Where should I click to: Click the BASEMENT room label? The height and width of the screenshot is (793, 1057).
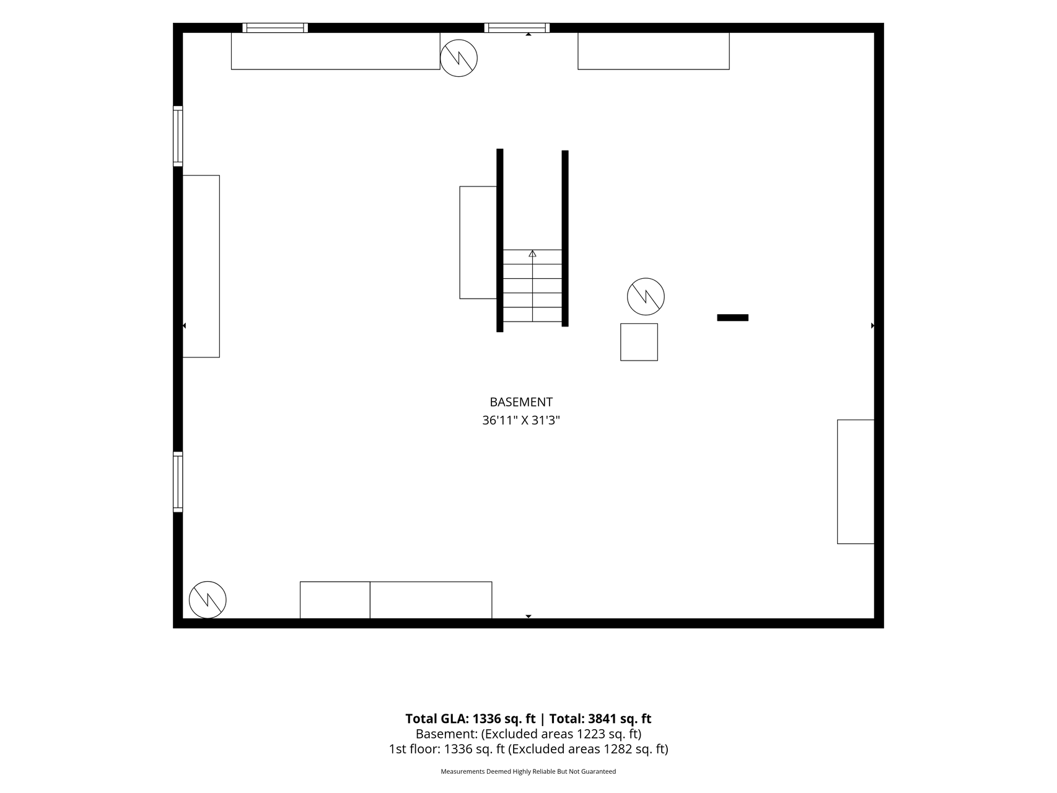(521, 402)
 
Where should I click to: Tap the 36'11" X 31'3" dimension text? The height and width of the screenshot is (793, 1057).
(521, 421)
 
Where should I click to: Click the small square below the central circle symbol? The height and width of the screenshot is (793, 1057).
(639, 342)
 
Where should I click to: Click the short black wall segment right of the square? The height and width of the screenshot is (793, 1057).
(732, 318)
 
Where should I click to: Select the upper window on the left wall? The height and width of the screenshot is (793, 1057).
(178, 136)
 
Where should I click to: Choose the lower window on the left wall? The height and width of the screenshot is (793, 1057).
(178, 482)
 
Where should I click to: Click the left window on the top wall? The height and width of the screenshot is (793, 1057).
(275, 28)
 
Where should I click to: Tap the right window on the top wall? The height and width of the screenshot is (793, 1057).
(517, 28)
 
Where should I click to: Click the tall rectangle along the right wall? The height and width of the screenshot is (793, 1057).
(856, 482)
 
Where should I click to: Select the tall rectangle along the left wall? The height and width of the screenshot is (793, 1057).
(201, 266)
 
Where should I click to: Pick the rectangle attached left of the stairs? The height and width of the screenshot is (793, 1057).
(478, 242)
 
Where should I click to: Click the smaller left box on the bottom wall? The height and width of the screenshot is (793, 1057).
(335, 600)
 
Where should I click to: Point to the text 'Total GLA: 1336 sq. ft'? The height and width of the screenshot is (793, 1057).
(470, 719)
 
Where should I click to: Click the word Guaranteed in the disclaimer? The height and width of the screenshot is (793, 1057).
(599, 772)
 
